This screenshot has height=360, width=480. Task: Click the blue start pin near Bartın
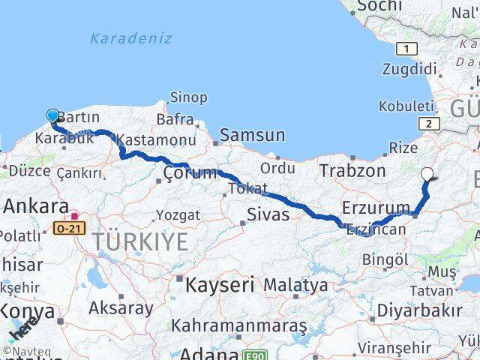pos(52,115)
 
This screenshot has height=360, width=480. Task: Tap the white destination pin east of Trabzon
pos(427,174)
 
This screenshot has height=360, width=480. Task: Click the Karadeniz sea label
pos(130,38)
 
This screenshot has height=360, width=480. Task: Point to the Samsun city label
pos(252,136)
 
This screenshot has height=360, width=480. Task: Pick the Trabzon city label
pos(352,170)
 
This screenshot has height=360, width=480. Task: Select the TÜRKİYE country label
pos(140,241)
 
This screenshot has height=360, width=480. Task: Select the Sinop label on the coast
pos(188,97)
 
